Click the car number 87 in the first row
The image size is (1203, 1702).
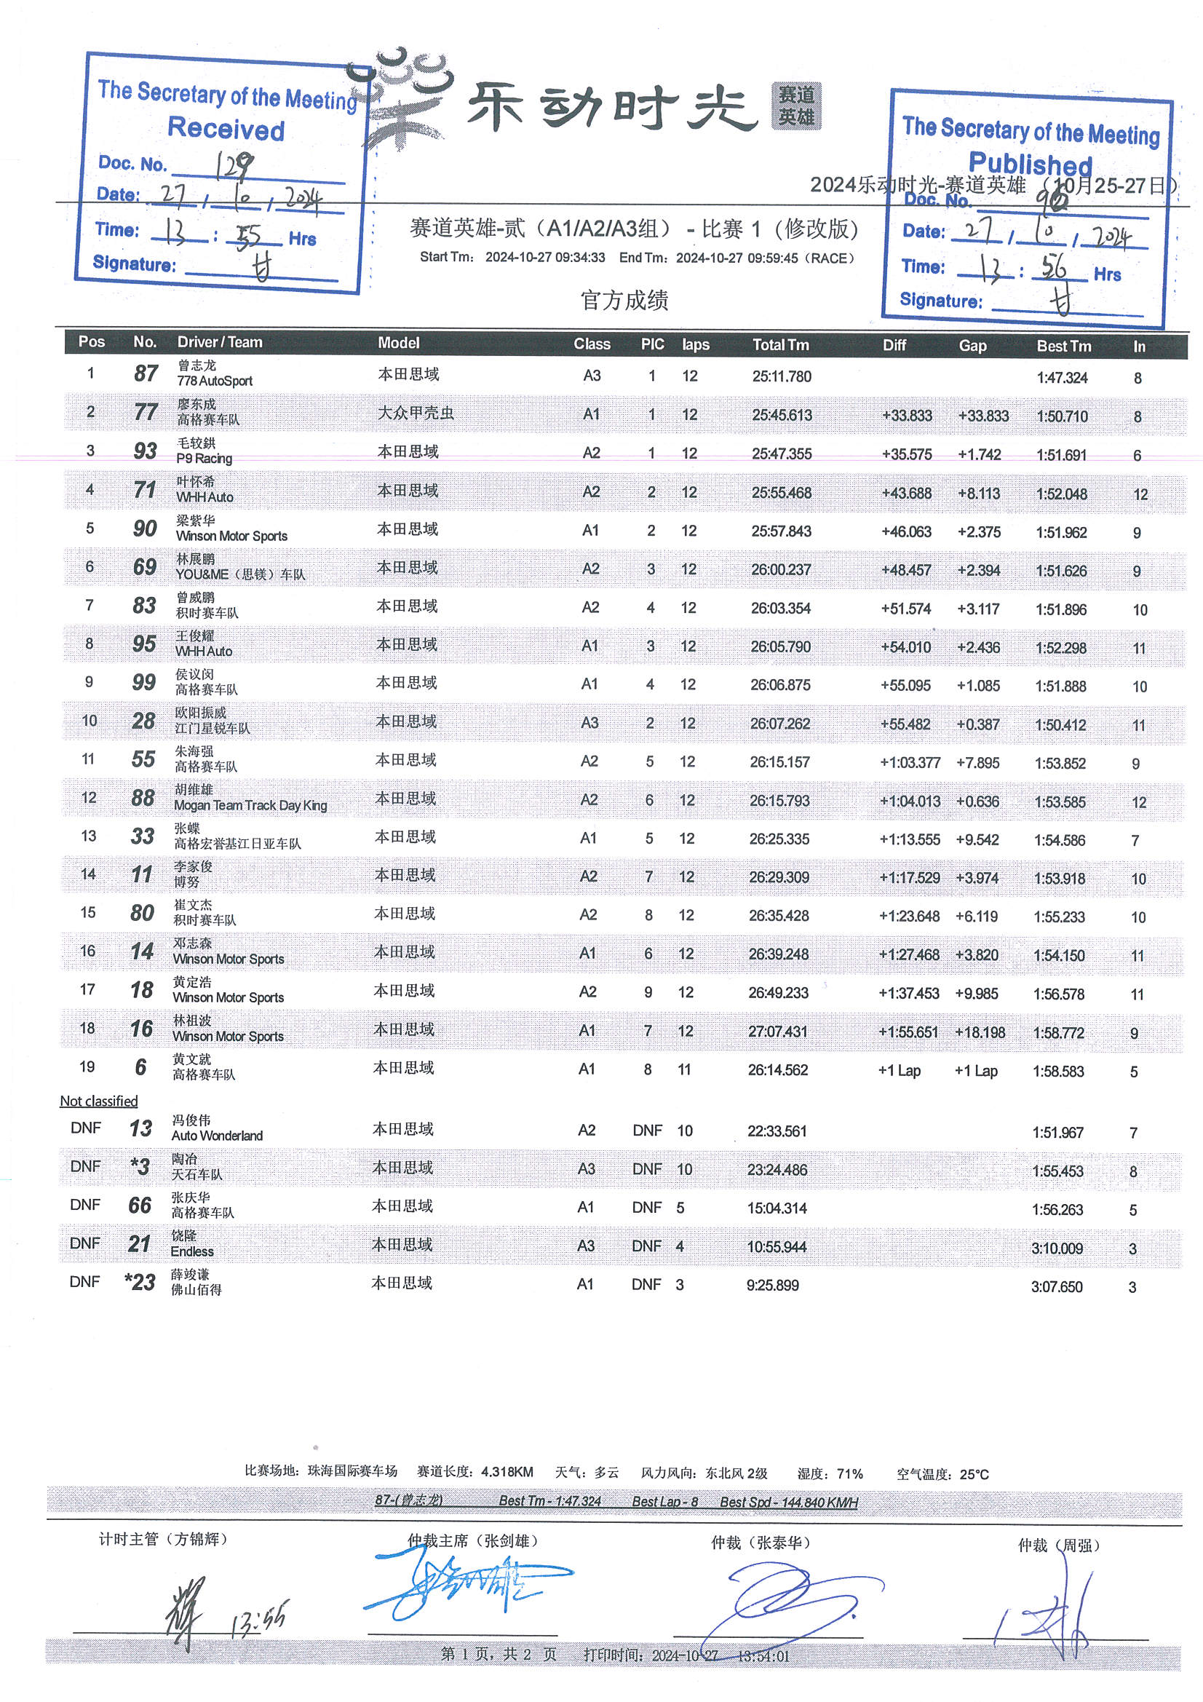click(x=146, y=373)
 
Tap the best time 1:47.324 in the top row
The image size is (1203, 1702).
click(x=1061, y=377)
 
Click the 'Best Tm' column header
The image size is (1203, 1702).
click(x=1064, y=346)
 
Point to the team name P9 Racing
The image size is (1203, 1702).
click(x=204, y=459)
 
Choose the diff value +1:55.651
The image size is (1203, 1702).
click(x=908, y=1032)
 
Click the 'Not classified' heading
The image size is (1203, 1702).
click(x=98, y=1101)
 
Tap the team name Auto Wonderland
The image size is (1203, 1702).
click(x=216, y=1136)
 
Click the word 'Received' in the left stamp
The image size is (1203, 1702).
click(x=226, y=129)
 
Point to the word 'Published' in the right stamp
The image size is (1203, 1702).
click(x=1031, y=163)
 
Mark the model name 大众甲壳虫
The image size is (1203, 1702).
click(x=416, y=413)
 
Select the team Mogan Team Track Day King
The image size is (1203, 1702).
click(x=250, y=806)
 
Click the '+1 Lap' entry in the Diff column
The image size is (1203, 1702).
click(x=899, y=1070)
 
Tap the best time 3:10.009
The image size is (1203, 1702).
click(x=1056, y=1248)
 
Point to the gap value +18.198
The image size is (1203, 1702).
click(x=979, y=1032)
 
